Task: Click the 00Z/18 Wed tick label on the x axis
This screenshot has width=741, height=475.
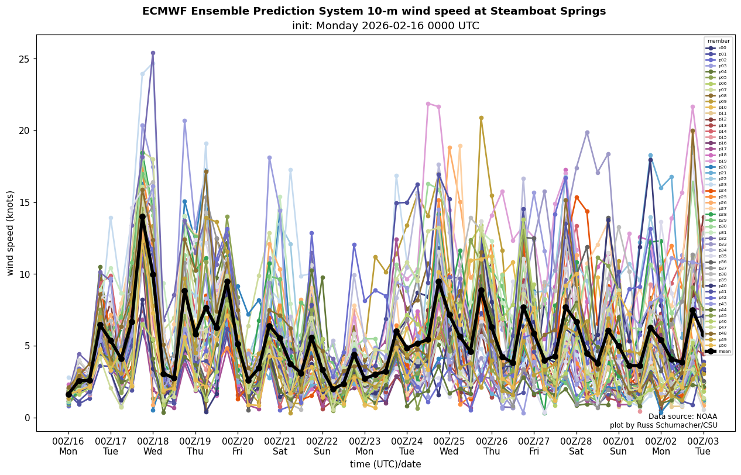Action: point(153,446)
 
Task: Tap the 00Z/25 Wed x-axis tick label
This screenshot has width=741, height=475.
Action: point(450,446)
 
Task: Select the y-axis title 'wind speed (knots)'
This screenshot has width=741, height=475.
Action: point(10,233)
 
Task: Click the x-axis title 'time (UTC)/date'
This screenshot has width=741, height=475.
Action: point(385,464)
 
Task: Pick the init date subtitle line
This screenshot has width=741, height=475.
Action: point(385,26)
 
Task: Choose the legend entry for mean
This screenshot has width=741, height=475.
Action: point(718,351)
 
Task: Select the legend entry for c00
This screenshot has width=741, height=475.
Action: point(718,48)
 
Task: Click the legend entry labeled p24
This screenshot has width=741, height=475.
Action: point(718,191)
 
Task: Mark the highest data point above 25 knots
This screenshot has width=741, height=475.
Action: point(153,53)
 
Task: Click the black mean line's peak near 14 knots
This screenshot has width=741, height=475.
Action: point(142,217)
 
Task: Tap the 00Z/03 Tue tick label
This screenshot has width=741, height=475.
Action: point(703,446)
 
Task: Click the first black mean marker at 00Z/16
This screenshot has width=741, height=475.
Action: point(68,395)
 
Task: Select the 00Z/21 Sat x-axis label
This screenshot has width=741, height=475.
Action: point(280,446)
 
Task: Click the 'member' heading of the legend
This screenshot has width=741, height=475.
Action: point(718,41)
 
